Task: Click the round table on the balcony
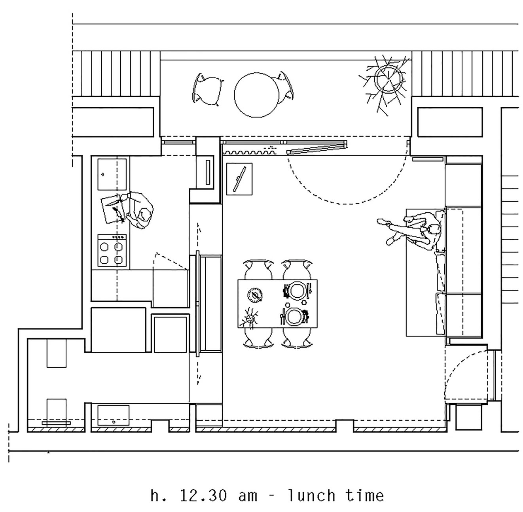click(256, 95)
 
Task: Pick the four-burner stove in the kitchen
click(112, 251)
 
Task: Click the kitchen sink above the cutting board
click(112, 174)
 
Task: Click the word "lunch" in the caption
click(311, 495)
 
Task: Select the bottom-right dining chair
click(297, 338)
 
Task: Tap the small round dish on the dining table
click(255, 294)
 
